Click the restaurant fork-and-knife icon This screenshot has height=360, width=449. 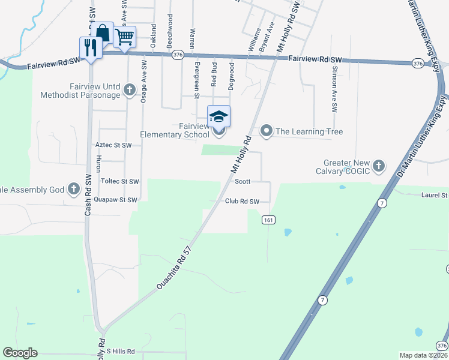tap(91, 47)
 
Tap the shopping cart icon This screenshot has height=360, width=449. tap(124, 37)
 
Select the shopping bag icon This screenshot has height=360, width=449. tap(103, 32)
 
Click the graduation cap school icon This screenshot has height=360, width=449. tap(218, 116)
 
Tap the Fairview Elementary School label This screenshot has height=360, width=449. tap(175, 131)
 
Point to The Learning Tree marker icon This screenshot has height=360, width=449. tap(266, 131)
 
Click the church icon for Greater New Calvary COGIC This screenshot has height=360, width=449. tap(378, 165)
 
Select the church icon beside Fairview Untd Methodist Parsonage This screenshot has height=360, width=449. tap(128, 91)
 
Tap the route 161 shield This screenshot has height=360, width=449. tap(268, 220)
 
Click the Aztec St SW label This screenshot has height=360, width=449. tap(113, 145)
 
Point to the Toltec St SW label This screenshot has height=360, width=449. tap(120, 181)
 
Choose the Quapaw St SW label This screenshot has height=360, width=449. tap(119, 200)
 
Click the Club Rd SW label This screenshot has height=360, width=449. tap(242, 202)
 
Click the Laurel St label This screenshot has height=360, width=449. tap(435, 195)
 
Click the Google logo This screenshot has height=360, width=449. tap(20, 353)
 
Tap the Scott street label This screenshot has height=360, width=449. tap(242, 181)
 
